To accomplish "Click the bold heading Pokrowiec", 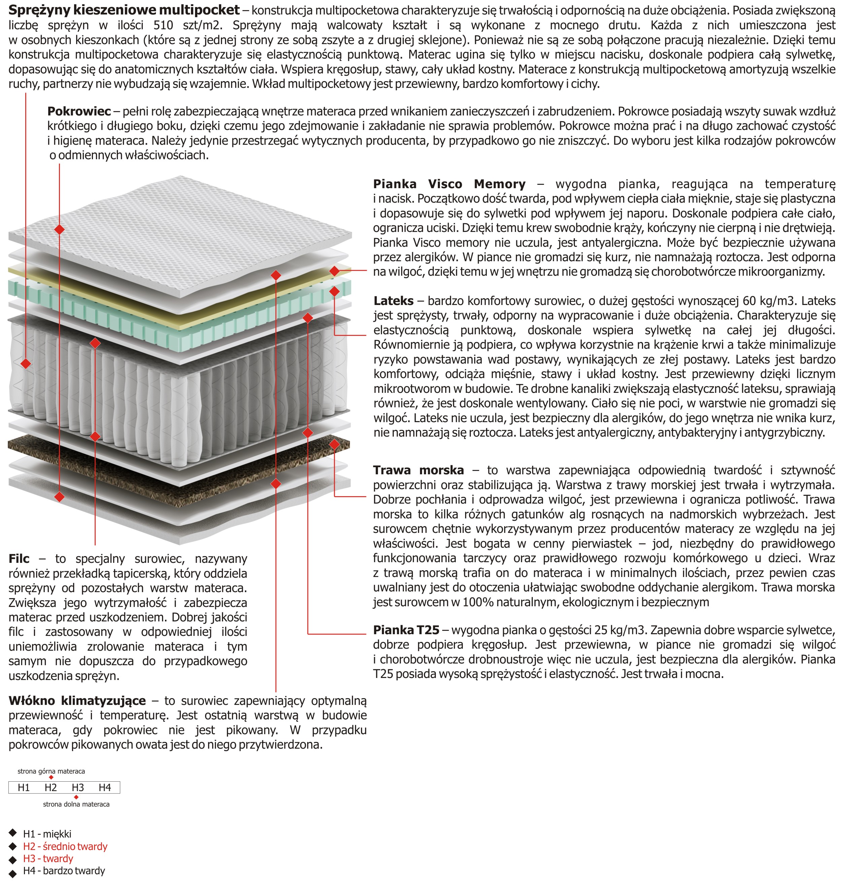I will pyautogui.click(x=79, y=111).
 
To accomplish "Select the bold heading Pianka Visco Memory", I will pyautogui.click(x=449, y=184).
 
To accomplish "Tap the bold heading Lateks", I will pyautogui.click(x=393, y=301).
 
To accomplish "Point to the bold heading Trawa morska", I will pyautogui.click(x=418, y=470).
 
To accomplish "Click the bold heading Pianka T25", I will pyautogui.click(x=406, y=630).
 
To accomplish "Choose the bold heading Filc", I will pyautogui.click(x=19, y=558).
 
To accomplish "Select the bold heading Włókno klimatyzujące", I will pyautogui.click(x=77, y=701).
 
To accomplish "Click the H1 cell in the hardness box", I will pyautogui.click(x=24, y=787).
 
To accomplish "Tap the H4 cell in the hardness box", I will pyautogui.click(x=105, y=787).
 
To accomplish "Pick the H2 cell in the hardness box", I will pyautogui.click(x=51, y=787).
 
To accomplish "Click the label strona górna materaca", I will pyautogui.click(x=51, y=771).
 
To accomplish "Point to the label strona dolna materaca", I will pyautogui.click(x=76, y=804).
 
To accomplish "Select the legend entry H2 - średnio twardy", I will pyautogui.click(x=65, y=847).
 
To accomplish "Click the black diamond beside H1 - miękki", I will pyautogui.click(x=12, y=833).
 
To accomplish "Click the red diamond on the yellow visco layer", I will pyautogui.click(x=334, y=271).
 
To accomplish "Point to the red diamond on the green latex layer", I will pyautogui.click(x=334, y=292).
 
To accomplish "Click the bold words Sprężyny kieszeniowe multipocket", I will pyautogui.click(x=124, y=10).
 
